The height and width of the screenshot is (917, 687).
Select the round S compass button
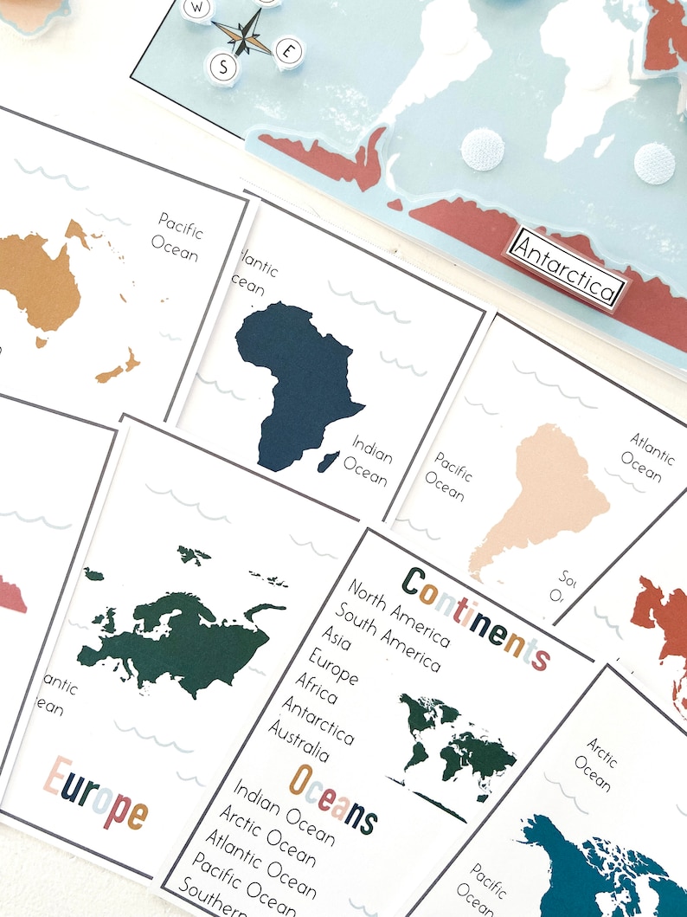[222, 67]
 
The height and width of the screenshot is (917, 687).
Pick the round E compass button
[288, 50]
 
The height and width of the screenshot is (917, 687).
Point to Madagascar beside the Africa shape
[329, 462]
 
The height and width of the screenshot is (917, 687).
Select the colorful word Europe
[96, 793]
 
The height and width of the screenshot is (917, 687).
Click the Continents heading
[475, 617]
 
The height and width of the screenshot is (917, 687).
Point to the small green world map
[454, 745]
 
